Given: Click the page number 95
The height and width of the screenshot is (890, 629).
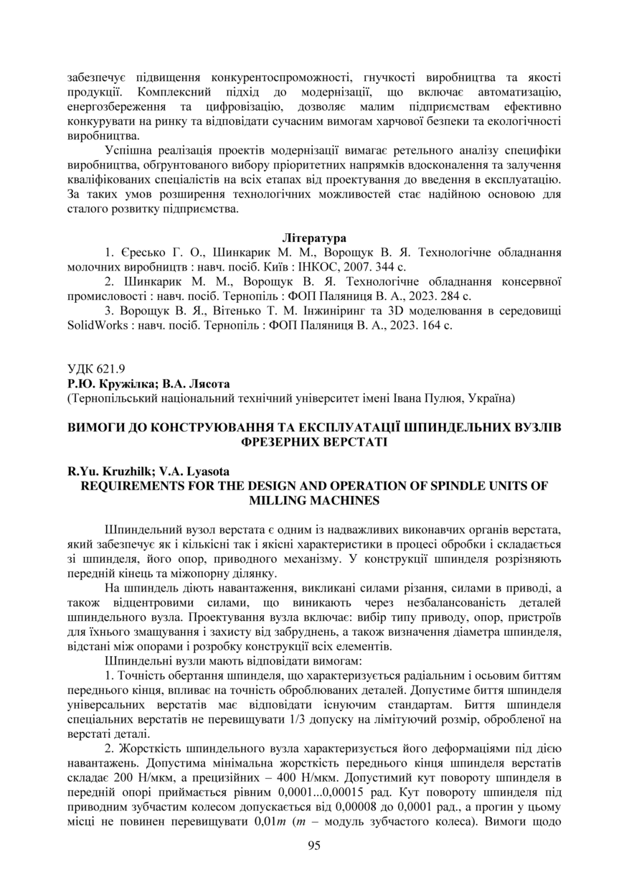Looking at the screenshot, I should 314,845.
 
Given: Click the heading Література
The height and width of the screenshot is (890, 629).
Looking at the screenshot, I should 314,237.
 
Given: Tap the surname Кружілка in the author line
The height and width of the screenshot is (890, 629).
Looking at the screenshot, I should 119,383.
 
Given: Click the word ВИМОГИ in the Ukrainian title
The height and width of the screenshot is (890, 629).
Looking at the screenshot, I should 95,426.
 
